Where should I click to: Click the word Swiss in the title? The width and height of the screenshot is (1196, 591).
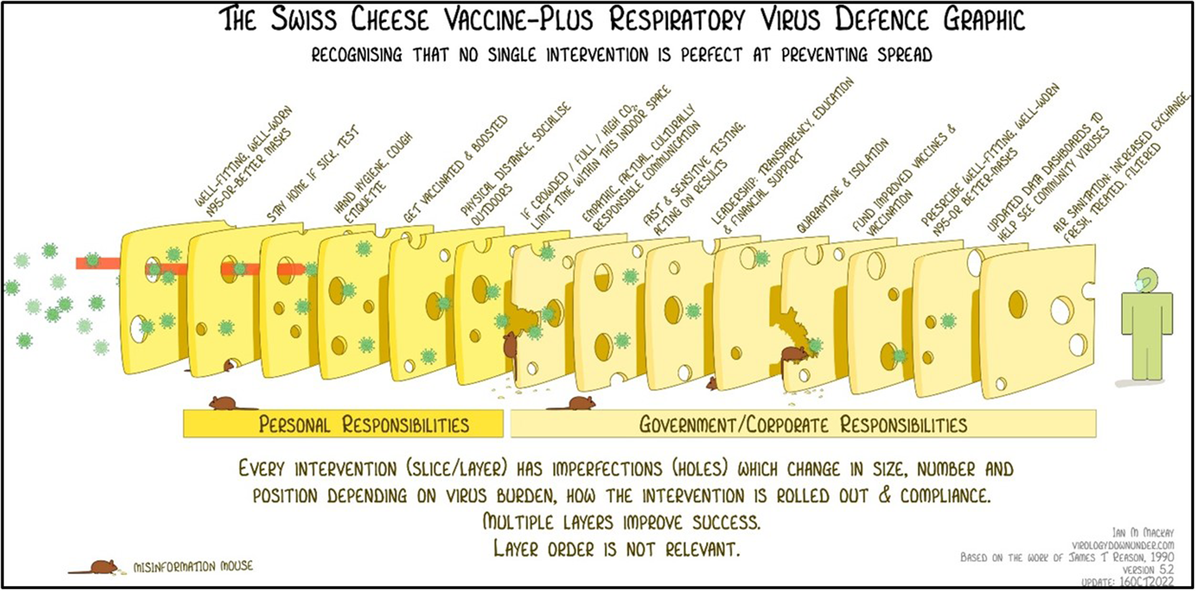tap(304, 20)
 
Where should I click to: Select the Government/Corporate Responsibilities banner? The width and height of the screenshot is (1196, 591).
tap(803, 425)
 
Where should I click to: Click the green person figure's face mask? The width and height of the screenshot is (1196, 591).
tap(1138, 285)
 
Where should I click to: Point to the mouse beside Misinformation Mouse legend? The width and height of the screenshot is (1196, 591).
tap(100, 567)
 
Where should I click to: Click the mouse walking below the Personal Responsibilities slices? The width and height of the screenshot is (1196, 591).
tap(224, 402)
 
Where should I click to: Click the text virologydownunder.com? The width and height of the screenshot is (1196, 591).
tap(1122, 545)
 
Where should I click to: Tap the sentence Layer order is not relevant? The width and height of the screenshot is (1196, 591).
tap(616, 550)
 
